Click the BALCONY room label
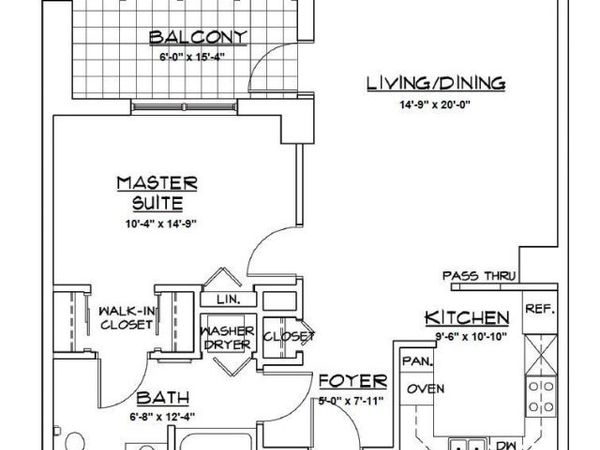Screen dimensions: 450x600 pos(198,38)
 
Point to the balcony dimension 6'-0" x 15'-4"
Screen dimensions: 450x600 pos(198,58)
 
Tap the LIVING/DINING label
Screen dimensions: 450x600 pos(435,83)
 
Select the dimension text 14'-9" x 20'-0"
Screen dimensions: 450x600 pos(435,104)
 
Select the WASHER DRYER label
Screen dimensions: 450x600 pos(228,338)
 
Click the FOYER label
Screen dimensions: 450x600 pos(352,382)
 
